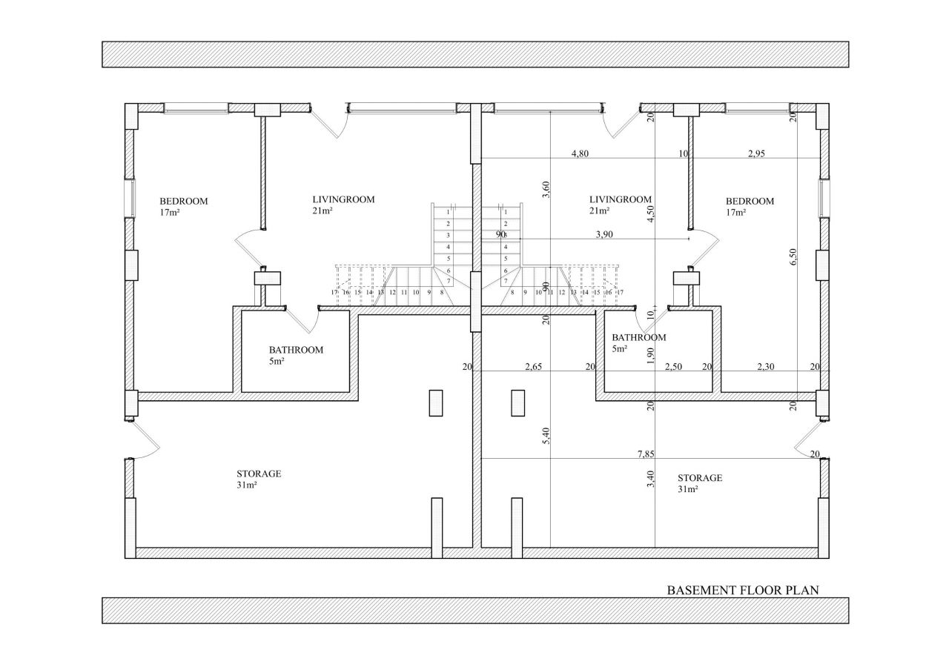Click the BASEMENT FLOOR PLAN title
pyautogui.click(x=743, y=590)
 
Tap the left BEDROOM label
pyautogui.click(x=183, y=201)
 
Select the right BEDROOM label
pyautogui.click(x=750, y=201)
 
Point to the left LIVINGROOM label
pyautogui.click(x=343, y=199)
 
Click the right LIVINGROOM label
pyautogui.click(x=621, y=199)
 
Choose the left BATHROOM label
pyautogui.click(x=296, y=350)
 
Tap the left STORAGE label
pyautogui.click(x=259, y=474)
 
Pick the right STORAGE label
pyautogui.click(x=699, y=478)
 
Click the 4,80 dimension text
pyautogui.click(x=580, y=153)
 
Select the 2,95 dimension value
pyautogui.click(x=756, y=153)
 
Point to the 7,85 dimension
pyautogui.click(x=646, y=454)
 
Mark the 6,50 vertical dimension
pyautogui.click(x=793, y=256)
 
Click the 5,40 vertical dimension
pyautogui.click(x=546, y=436)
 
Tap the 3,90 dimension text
pyautogui.click(x=604, y=235)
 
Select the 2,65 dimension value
pyautogui.click(x=533, y=367)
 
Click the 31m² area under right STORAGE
pyautogui.click(x=688, y=489)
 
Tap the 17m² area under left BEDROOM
pyautogui.click(x=170, y=213)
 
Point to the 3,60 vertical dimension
pyautogui.click(x=546, y=189)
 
